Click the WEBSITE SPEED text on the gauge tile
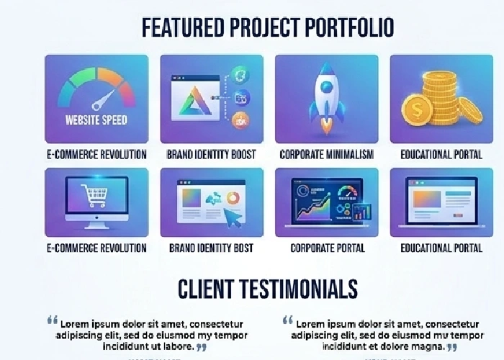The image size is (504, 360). [x=96, y=120]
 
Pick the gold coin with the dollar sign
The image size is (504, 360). [x=417, y=110]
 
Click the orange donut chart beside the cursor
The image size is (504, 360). [x=233, y=197]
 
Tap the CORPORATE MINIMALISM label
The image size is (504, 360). [x=326, y=154]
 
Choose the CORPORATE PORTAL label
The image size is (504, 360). [x=327, y=248]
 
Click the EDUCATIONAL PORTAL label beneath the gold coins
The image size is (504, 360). [x=441, y=154]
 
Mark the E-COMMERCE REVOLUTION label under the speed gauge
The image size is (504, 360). [x=96, y=154]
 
